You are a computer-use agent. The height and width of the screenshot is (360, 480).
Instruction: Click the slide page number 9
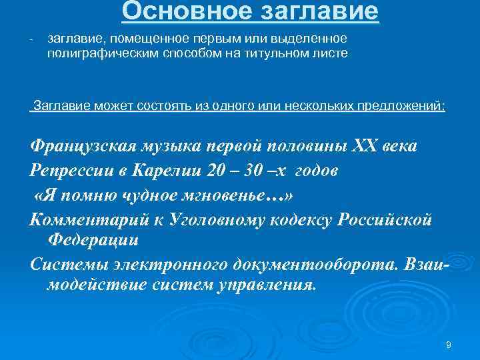[x=449, y=344]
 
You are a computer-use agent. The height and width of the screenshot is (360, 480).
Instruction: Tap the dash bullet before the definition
[x=31, y=41]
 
